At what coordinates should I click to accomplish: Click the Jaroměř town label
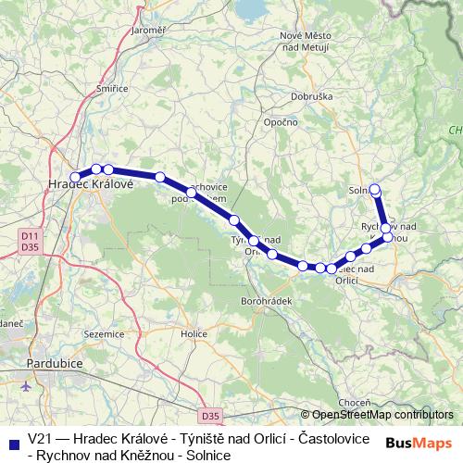click(x=148, y=31)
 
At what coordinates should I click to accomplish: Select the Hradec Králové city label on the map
click(x=91, y=184)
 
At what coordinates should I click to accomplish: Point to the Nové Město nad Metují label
click(x=304, y=41)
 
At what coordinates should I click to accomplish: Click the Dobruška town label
click(x=307, y=94)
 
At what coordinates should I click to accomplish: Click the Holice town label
click(x=194, y=333)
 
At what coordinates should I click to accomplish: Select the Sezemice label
click(x=103, y=333)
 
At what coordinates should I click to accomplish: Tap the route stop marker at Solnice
click(x=375, y=190)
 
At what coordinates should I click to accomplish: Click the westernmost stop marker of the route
click(x=75, y=177)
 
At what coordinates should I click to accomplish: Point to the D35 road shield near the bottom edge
click(x=211, y=417)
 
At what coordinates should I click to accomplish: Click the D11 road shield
click(x=30, y=237)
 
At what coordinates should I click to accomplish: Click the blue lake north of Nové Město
click(x=248, y=9)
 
